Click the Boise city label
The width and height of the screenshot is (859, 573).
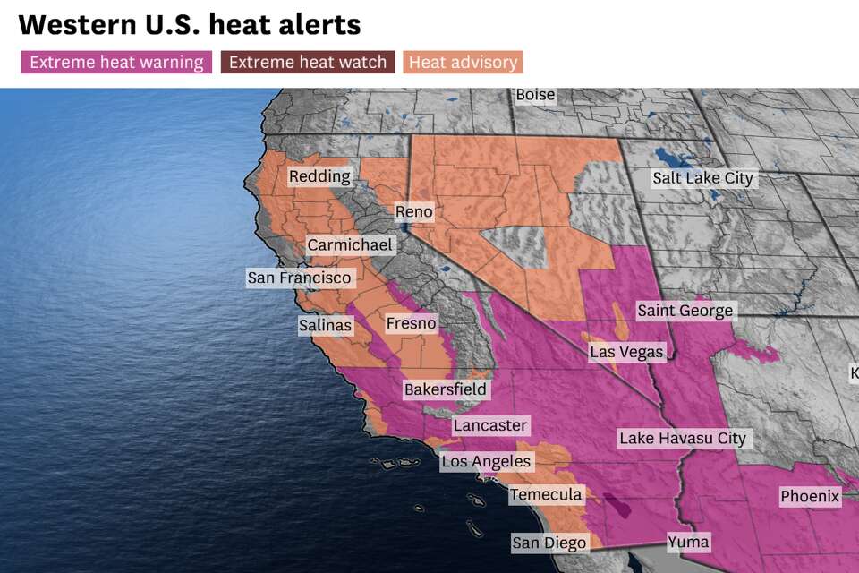point(535,95)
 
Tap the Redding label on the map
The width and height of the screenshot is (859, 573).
point(319,177)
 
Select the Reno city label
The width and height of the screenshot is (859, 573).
point(414,212)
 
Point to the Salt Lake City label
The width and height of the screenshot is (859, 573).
point(702,178)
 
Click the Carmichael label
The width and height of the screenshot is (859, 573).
point(350,245)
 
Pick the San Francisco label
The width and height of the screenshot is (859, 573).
point(300,278)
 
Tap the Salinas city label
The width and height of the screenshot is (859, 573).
point(326,326)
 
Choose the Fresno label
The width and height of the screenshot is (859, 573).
point(411,323)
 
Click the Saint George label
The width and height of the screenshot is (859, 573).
point(685,312)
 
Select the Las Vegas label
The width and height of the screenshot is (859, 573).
point(626,352)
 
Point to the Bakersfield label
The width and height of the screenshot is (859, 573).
point(446,389)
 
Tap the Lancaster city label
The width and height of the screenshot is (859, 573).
point(490,425)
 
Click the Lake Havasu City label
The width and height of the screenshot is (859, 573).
point(682,439)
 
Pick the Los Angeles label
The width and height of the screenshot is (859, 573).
point(486,462)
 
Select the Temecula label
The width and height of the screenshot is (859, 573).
point(546,494)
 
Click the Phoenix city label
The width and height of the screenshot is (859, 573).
point(810,496)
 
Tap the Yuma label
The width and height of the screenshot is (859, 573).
point(688,541)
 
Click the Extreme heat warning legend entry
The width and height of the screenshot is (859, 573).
point(116,63)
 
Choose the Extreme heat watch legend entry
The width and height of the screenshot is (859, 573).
point(308,63)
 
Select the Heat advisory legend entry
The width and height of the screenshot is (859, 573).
point(463,63)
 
